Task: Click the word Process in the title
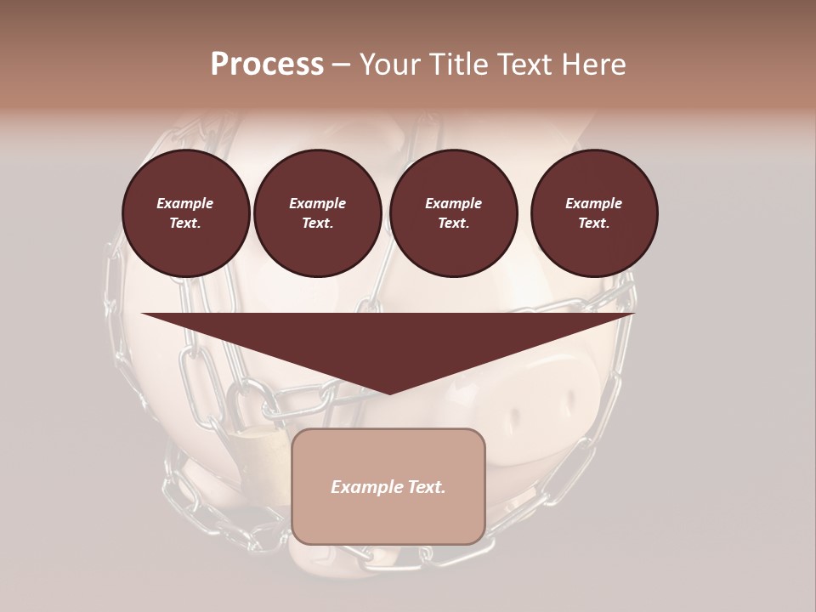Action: click(x=267, y=65)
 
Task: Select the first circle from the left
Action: click(x=186, y=213)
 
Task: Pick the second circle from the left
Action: click(x=318, y=213)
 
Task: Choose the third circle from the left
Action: click(x=454, y=213)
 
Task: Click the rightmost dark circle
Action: click(x=594, y=213)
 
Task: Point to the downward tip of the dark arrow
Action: click(x=388, y=392)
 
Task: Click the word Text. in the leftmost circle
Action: click(x=185, y=224)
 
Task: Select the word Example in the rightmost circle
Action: click(x=594, y=203)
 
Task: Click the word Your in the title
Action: click(x=388, y=65)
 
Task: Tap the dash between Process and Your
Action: click(x=342, y=65)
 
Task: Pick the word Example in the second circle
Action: click(x=318, y=203)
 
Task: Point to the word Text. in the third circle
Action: click(x=453, y=224)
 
